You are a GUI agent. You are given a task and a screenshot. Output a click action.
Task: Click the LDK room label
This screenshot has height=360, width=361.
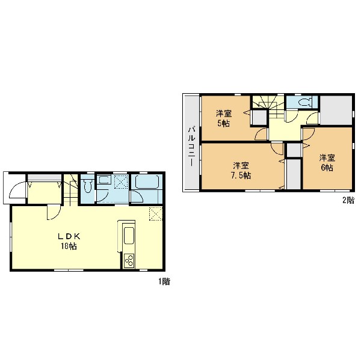point(69,236)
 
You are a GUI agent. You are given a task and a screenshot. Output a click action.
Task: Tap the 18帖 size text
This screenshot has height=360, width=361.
point(69,246)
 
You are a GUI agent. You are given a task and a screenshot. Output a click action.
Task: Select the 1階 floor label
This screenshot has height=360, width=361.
point(164,281)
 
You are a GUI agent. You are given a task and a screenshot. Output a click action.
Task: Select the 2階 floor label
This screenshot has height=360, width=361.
point(348,200)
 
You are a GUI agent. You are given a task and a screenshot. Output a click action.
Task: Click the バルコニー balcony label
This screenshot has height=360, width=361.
point(192,146)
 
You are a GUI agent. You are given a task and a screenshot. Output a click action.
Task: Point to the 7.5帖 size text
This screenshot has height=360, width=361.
point(241,175)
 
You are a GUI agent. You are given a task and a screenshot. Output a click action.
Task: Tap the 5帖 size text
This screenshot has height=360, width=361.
point(224,124)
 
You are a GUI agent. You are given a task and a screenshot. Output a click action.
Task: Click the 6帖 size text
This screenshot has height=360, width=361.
point(327,168)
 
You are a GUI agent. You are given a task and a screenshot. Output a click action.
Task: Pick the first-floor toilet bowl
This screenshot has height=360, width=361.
point(88,186)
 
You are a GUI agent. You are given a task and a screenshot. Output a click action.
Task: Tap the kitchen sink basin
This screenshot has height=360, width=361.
point(129,236)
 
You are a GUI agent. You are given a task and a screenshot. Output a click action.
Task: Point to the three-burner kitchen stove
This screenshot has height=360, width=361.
point(129,261)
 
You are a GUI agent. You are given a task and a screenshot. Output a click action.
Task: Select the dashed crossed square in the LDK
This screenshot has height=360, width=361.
point(155,214)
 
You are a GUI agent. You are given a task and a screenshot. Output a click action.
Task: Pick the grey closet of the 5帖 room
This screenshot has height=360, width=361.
point(259,118)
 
